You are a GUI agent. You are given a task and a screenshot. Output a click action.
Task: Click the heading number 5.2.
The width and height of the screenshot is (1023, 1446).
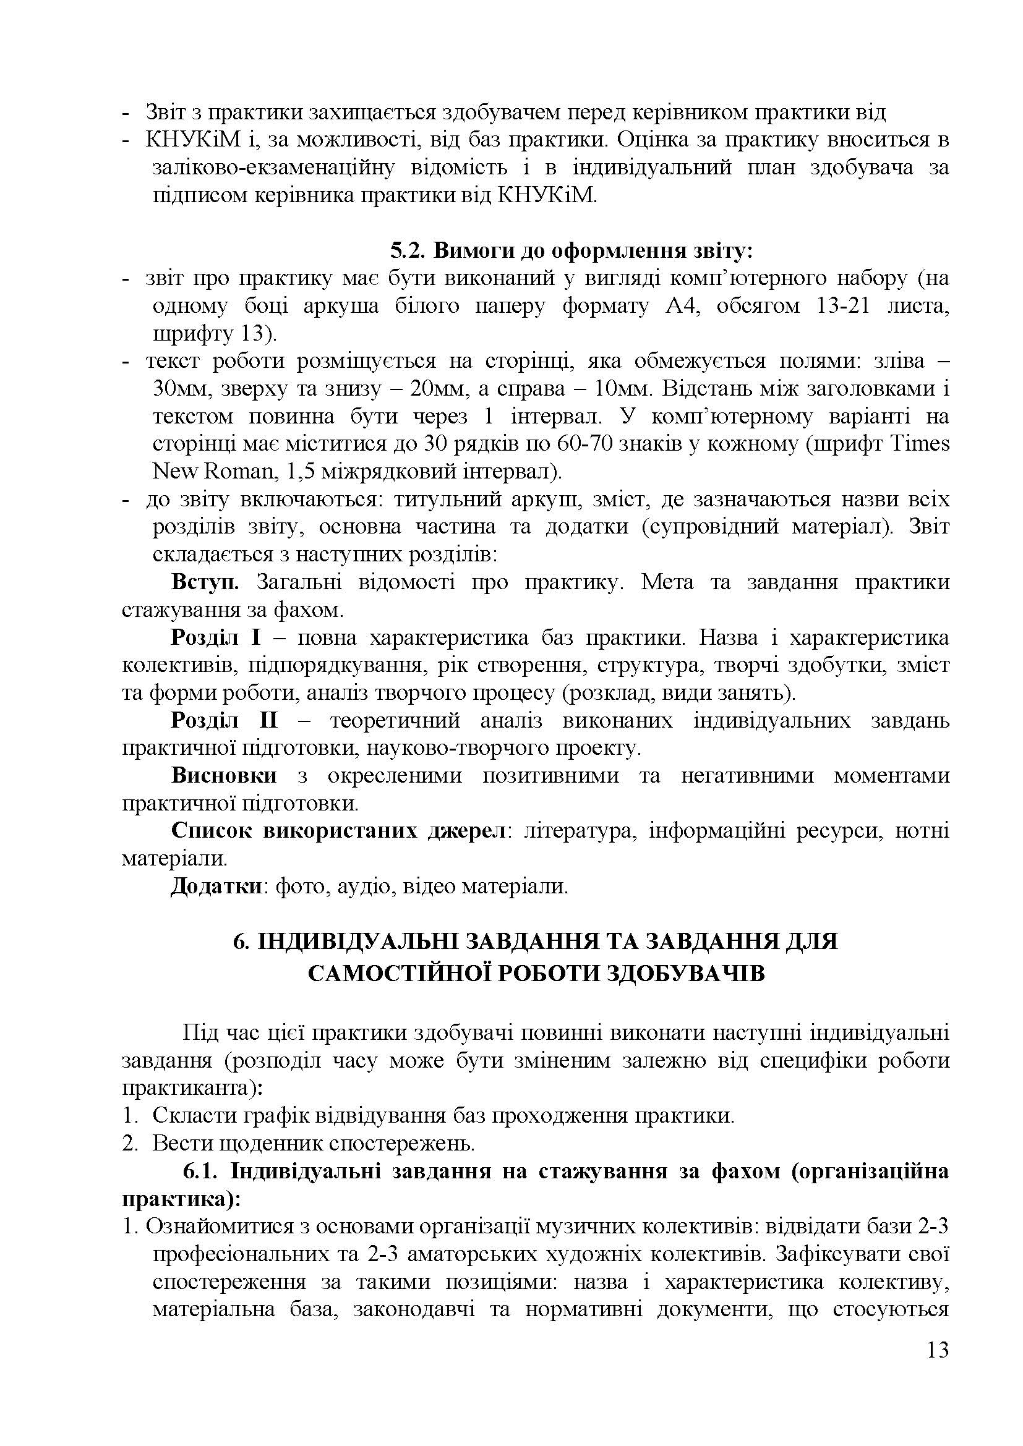(409, 250)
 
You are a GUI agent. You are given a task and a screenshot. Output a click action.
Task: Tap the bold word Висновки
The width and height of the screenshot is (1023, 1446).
(224, 776)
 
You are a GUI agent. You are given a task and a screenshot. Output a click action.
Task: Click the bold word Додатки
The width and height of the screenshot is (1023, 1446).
(216, 886)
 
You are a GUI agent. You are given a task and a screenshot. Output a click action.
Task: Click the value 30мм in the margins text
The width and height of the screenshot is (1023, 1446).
(178, 389)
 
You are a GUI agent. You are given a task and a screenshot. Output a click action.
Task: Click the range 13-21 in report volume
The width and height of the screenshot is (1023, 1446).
(842, 306)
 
